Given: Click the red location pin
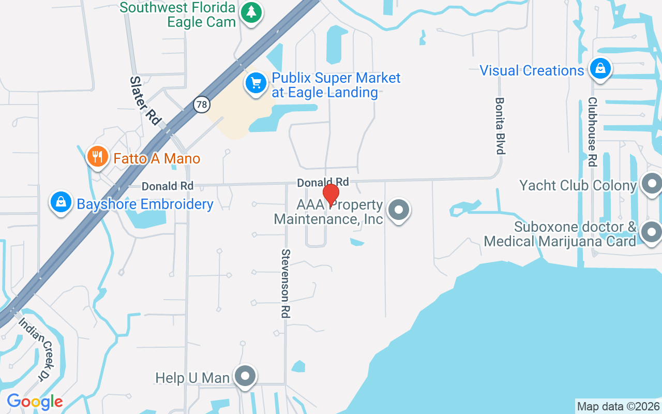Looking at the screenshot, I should coord(331,195).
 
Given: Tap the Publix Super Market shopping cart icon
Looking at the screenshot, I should coord(255,83).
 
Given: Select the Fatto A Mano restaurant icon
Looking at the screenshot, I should coord(97,157).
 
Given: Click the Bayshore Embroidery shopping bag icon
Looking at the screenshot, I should coord(61,202).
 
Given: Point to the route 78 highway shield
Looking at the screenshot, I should coord(202,105).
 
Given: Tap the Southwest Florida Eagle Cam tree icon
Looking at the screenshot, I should coord(252,12).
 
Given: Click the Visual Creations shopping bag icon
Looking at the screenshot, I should coord(600,68).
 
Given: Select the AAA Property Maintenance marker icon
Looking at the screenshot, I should coord(398,210).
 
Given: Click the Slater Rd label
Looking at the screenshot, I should coord(144,100).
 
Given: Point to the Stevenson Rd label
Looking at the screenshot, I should coord(286,283).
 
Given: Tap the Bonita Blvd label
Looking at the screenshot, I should coord(500,126).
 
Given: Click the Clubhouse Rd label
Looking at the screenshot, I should coord(593,132).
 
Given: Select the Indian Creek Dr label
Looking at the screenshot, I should coord(36,349).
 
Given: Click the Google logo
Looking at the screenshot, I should coord(35,402).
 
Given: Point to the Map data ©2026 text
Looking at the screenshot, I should coord(618,407).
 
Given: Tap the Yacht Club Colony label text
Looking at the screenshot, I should coord(578,185).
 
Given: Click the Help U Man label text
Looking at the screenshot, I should coord(192,378).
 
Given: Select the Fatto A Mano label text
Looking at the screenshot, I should coord(157,158).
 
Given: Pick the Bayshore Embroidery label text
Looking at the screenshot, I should coord(145,204).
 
